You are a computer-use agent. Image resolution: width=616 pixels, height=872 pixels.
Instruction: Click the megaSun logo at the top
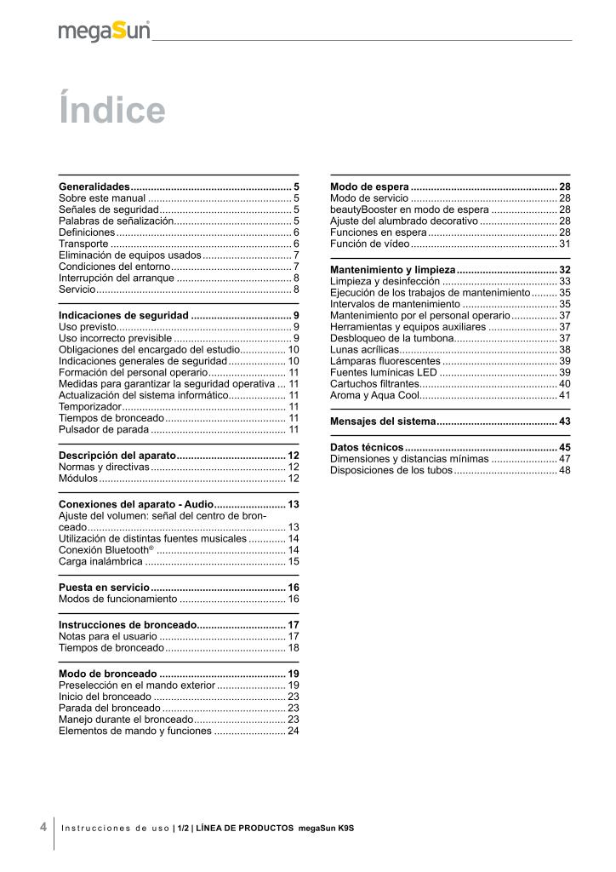(104, 32)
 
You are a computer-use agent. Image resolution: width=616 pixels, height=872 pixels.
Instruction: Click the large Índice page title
(111, 110)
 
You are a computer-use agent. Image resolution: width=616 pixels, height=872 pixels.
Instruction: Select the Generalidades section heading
(94, 186)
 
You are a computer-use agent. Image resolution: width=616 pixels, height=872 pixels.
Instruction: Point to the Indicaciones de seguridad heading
(123, 315)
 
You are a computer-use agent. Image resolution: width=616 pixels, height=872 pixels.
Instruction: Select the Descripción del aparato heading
(117, 456)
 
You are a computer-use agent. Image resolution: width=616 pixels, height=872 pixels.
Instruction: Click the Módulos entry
(77, 479)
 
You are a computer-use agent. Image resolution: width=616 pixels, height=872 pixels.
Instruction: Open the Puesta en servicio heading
(104, 588)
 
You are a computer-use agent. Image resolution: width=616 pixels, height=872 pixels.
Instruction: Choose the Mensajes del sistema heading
(381, 422)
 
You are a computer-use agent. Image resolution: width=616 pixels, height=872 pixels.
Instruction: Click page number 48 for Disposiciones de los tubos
(564, 469)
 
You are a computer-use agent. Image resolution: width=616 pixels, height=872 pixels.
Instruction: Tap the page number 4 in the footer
(43, 826)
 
